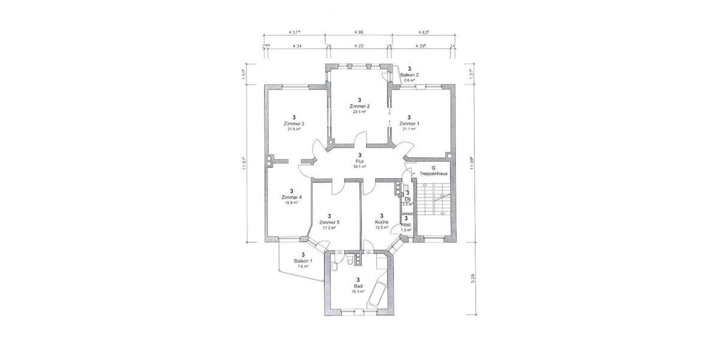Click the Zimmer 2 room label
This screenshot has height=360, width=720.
(359, 106)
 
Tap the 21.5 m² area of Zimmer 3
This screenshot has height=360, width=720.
(294, 129)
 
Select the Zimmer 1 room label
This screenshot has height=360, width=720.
(409, 124)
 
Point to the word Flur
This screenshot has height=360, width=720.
(359, 161)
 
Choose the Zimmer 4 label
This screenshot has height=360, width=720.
(292, 197)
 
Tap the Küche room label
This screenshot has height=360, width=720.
(382, 221)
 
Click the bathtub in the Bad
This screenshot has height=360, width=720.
(377, 293)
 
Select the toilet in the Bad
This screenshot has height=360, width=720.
(350, 262)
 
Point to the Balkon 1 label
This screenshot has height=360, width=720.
(302, 261)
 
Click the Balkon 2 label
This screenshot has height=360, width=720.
(409, 75)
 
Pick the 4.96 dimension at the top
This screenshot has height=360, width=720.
(359, 32)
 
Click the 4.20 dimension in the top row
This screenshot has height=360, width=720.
(359, 46)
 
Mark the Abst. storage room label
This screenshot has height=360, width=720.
(406, 224)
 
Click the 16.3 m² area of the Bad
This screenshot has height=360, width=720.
(359, 292)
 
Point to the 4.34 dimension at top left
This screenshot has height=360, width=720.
(296, 46)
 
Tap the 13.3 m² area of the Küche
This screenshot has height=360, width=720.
(382, 227)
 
